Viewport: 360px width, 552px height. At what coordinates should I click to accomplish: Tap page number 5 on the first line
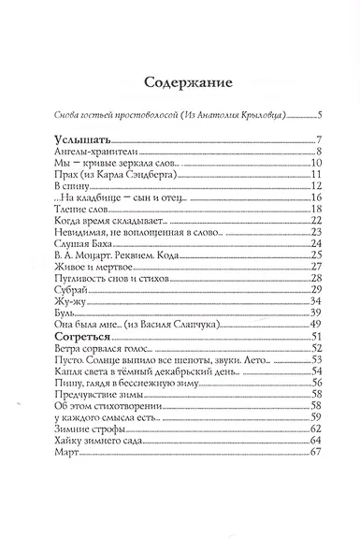click(319, 116)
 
